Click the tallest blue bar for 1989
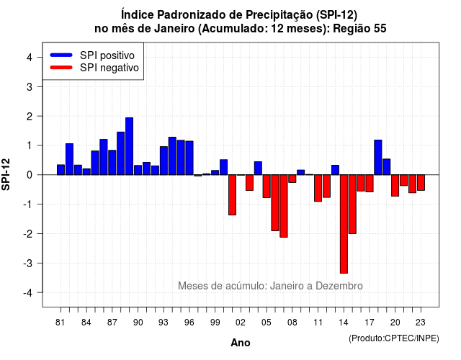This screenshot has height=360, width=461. pyautogui.click(x=130, y=146)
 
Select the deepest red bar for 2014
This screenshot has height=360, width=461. pyautogui.click(x=344, y=224)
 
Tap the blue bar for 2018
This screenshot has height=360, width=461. pyautogui.click(x=378, y=158)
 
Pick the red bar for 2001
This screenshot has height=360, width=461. pyautogui.click(x=232, y=195)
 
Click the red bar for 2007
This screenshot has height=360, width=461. pyautogui.click(x=284, y=206)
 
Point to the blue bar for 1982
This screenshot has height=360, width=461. pyautogui.click(x=69, y=159)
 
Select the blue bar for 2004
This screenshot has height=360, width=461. pyautogui.click(x=258, y=168)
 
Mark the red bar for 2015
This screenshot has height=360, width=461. pyautogui.click(x=352, y=204)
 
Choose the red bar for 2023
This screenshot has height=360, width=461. pyautogui.click(x=421, y=182)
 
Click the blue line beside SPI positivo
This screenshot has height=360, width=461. pyautogui.click(x=61, y=55)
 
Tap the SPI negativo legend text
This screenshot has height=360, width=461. pyautogui.click(x=109, y=68)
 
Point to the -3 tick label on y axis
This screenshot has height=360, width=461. pyautogui.click(x=28, y=263)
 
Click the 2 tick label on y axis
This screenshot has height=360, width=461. pyautogui.click(x=30, y=117)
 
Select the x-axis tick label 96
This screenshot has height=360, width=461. pyautogui.click(x=189, y=323)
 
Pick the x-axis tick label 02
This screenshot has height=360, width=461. pyautogui.click(x=241, y=323)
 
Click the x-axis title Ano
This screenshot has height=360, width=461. pyautogui.click(x=241, y=343)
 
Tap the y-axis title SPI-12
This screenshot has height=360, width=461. pyautogui.click(x=6, y=174)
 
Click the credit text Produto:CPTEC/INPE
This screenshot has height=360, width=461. pyautogui.click(x=394, y=338)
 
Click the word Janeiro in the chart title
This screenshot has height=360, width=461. pyautogui.click(x=174, y=29)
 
